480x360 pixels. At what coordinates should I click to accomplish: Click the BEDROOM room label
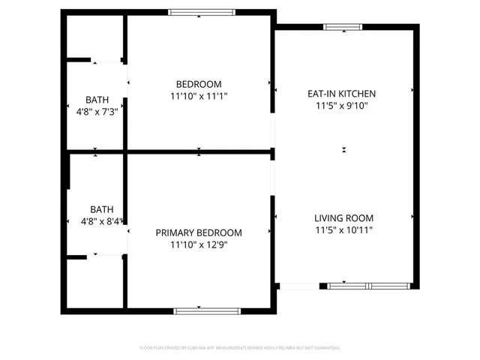[x=199, y=84]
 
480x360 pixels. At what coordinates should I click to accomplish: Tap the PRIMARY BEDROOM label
[x=199, y=232]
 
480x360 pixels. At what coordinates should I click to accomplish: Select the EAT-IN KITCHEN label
[x=341, y=94]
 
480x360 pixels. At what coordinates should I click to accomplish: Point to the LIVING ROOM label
[x=343, y=218]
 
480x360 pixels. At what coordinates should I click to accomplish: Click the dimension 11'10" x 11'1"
[x=199, y=96]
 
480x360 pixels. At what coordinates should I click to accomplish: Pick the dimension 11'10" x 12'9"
[x=199, y=244]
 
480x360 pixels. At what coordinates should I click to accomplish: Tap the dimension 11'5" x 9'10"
[x=341, y=106]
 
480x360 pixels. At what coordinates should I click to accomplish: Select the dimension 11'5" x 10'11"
[x=343, y=230]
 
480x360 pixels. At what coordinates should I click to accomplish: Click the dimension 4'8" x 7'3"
[x=96, y=112]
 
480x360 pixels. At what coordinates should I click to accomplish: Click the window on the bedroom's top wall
[x=201, y=12]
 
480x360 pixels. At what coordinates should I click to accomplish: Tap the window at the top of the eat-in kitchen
[x=343, y=28]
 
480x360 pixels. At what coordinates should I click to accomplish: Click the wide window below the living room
[x=368, y=286]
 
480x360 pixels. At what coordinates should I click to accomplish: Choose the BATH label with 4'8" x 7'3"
[x=96, y=100]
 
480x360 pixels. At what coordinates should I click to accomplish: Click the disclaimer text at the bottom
[x=240, y=348]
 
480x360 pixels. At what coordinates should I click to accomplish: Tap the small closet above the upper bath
[x=94, y=36]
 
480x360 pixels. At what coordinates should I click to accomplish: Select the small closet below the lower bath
[x=95, y=280]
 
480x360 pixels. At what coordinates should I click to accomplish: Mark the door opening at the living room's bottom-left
[x=298, y=286]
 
